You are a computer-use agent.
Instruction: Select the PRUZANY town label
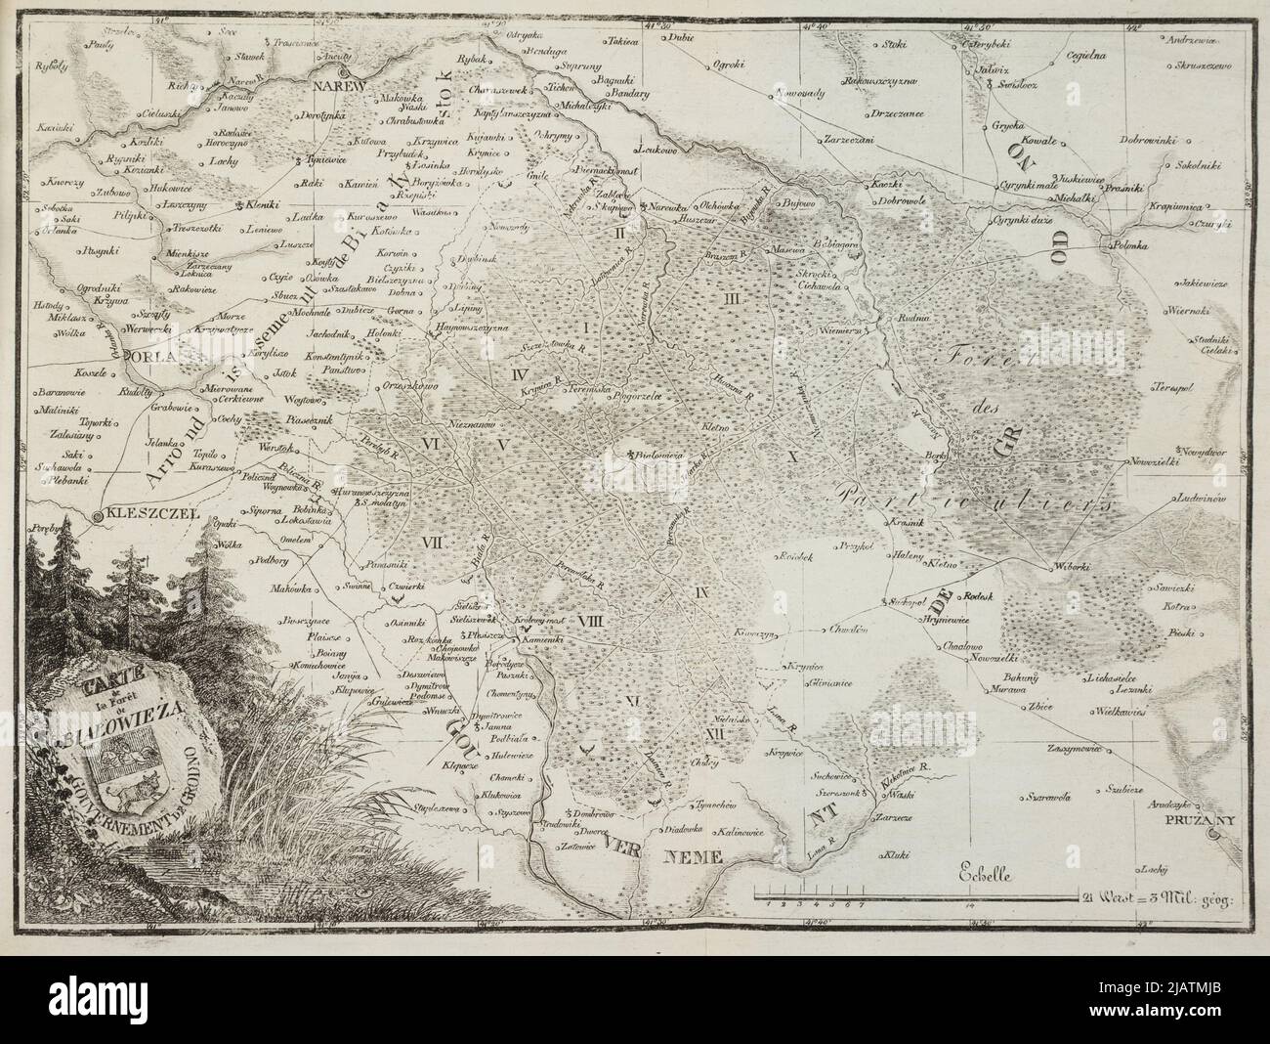click(1198, 823)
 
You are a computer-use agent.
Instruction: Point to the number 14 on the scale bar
click(968, 906)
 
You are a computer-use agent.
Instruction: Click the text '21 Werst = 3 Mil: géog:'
click(1159, 893)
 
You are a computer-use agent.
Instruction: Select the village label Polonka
click(1133, 247)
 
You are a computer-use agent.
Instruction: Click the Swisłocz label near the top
click(1017, 85)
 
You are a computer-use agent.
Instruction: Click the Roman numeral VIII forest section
click(589, 620)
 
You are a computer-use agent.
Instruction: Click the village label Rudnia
click(900, 317)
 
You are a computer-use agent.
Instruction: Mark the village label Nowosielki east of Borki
click(1154, 459)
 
